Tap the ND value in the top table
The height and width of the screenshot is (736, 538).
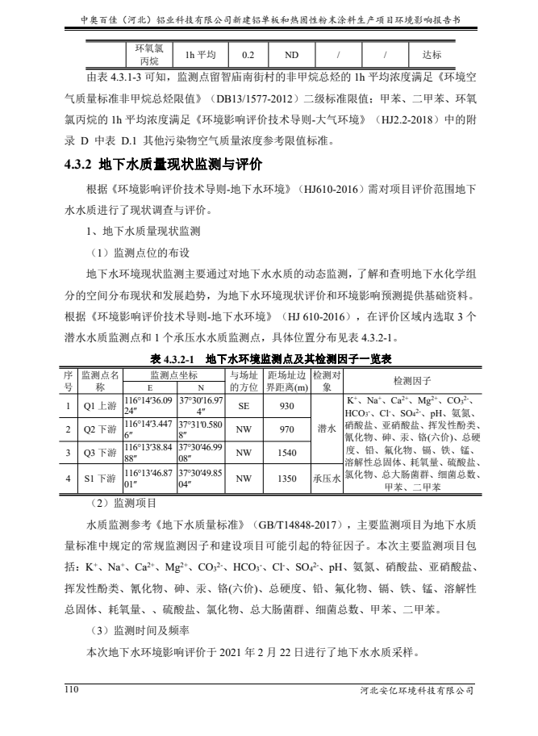pyautogui.click(x=286, y=55)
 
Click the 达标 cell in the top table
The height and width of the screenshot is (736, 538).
pyautogui.click(x=432, y=55)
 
